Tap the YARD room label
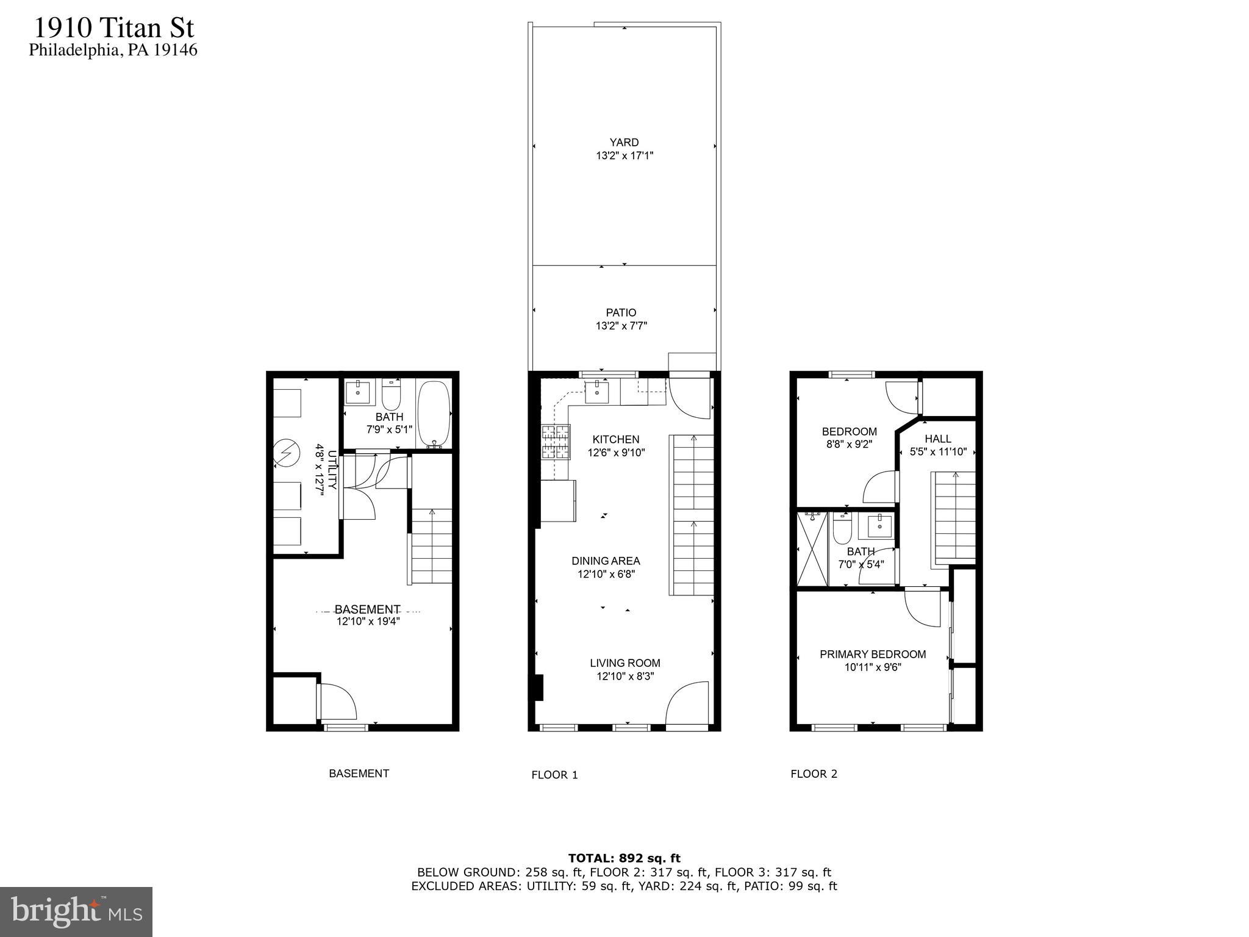(624, 143)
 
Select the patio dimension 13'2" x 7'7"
(621, 326)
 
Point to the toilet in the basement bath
(391, 397)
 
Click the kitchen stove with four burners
(556, 442)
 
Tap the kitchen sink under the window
(596, 392)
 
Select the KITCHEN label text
(615, 439)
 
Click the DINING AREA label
(606, 561)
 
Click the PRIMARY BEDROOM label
(872, 655)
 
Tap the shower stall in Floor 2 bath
(812, 549)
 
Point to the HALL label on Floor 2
(937, 439)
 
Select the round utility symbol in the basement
(286, 453)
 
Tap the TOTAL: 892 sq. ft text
(624, 859)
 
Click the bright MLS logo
(76, 912)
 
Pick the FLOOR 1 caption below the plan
(554, 775)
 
